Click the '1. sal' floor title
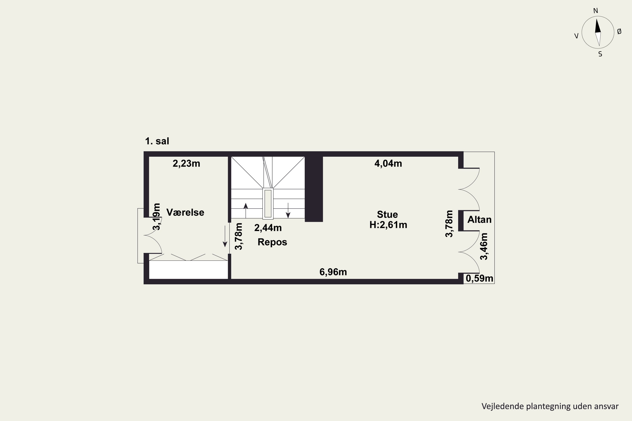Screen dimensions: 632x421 (157, 141)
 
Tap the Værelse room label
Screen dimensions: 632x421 (185, 212)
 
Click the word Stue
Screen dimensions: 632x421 (387, 214)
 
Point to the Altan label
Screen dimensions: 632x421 (479, 220)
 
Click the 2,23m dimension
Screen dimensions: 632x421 (186, 164)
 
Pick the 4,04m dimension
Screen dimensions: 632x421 (388, 164)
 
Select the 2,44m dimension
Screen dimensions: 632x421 (268, 228)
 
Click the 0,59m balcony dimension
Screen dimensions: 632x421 (479, 278)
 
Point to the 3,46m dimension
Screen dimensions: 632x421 (484, 246)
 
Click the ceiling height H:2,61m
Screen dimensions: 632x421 (388, 225)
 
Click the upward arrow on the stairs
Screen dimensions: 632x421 (246, 210)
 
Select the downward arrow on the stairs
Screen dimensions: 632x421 (288, 210)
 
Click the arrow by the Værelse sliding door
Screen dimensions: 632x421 (225, 236)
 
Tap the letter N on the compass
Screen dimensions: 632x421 (596, 11)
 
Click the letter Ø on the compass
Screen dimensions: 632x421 (619, 32)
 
